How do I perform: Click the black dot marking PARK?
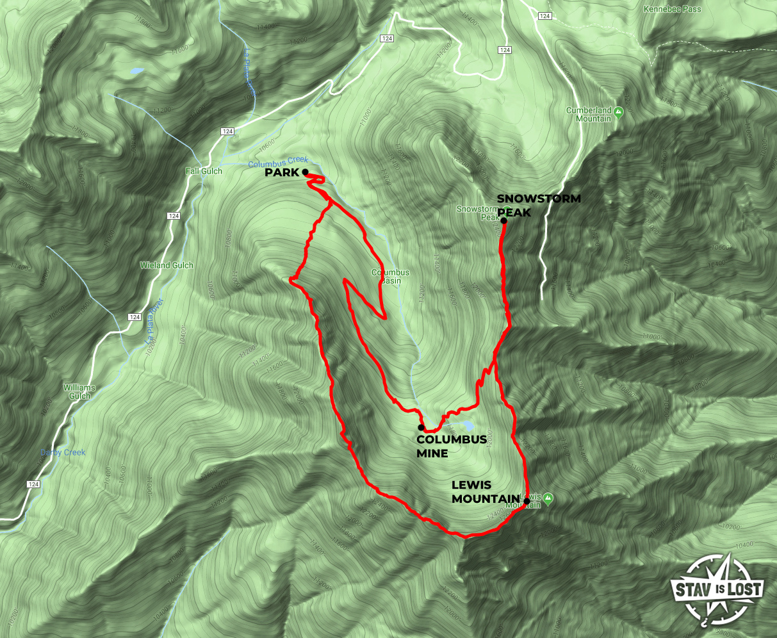306,172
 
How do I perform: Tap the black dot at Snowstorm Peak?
504,222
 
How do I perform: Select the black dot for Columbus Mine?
421,427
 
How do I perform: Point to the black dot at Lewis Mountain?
527,500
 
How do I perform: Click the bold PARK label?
282,173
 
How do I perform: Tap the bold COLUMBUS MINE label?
442,446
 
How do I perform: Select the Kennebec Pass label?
672,10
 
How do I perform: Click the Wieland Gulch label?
167,265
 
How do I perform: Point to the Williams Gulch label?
79,392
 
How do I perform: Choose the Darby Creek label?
63,453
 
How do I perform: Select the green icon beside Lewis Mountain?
548,499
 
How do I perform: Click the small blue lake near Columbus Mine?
466,425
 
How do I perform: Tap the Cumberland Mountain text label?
589,115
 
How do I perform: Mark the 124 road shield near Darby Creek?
31,484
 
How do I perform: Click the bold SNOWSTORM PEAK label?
539,205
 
